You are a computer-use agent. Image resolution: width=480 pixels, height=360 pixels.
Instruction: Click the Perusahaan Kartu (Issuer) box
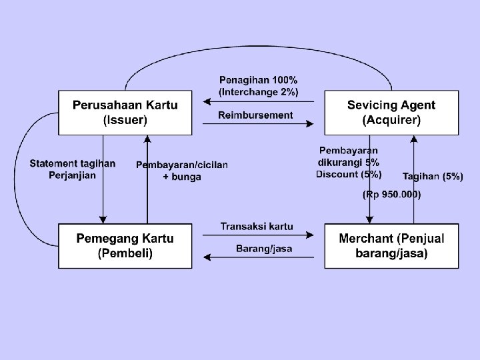click(x=125, y=113)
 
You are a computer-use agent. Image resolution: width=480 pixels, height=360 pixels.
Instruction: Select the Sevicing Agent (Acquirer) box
click(x=391, y=113)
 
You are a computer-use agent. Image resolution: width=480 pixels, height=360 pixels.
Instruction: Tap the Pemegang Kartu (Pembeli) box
click(x=125, y=246)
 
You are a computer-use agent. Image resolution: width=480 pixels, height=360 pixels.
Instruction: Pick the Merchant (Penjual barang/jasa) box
click(x=391, y=246)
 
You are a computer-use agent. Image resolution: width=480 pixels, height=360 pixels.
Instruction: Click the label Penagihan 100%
click(x=259, y=81)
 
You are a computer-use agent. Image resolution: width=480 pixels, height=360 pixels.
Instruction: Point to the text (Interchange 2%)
click(x=259, y=91)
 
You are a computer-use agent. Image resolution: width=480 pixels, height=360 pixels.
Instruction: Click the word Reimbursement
click(x=255, y=115)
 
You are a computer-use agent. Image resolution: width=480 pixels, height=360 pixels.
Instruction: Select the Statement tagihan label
click(x=73, y=163)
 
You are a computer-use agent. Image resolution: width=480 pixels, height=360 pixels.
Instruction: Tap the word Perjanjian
click(x=73, y=175)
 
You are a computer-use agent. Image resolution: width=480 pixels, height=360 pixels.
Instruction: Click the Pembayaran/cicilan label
click(x=182, y=165)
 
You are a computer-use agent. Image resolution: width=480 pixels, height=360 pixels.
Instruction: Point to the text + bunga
click(x=182, y=177)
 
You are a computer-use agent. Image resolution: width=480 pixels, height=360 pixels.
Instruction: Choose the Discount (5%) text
click(x=349, y=175)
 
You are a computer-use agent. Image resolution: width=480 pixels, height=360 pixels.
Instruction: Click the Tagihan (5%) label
click(x=433, y=177)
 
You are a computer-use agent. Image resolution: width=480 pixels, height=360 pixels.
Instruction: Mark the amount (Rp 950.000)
click(x=391, y=195)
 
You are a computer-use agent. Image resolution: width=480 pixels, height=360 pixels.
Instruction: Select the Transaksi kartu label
click(x=257, y=227)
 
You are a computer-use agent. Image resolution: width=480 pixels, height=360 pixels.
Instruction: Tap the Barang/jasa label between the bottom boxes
click(x=264, y=249)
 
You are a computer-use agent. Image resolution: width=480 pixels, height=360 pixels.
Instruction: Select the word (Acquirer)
click(x=391, y=121)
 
